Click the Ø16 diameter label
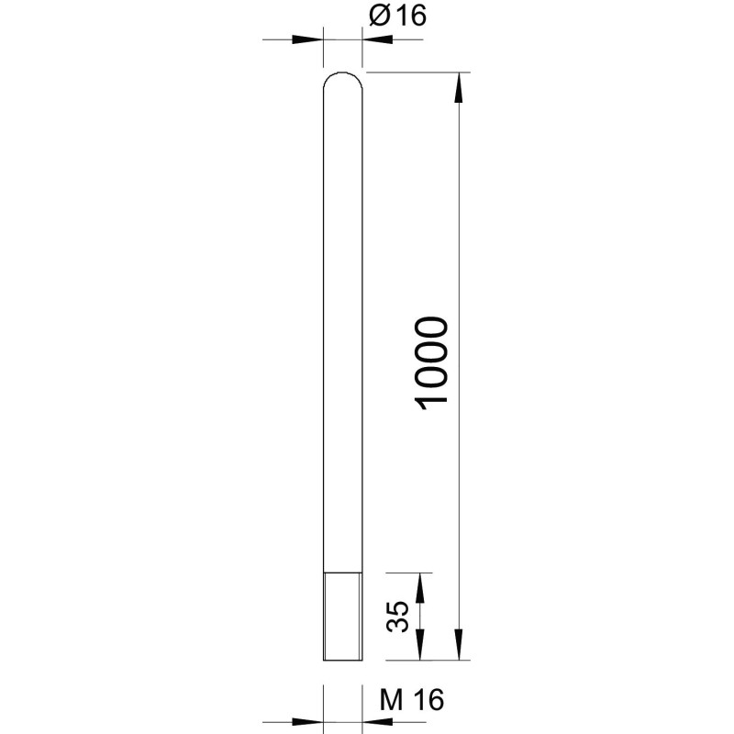pos(397,16)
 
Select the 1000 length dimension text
pos(431,363)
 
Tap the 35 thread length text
pos(397,617)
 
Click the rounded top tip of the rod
pos(342,73)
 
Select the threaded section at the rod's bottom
pos(342,616)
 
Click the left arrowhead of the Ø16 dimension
pos(307,39)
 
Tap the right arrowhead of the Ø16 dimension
pos(378,39)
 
